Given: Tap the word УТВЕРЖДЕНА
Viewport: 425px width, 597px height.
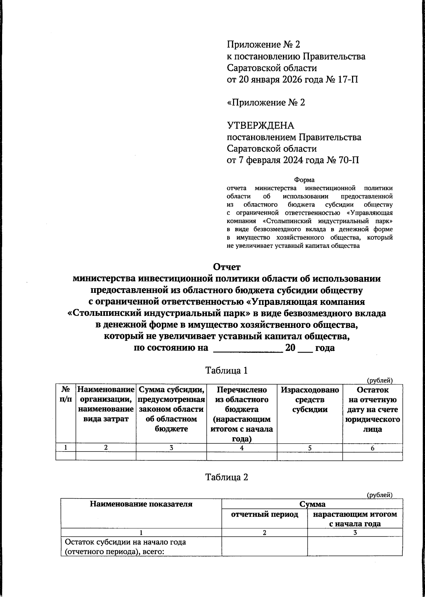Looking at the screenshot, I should (x=261, y=126).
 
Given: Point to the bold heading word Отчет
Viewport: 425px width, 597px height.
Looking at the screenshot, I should (x=227, y=266).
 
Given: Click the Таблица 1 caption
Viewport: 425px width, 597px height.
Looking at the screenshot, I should (x=227, y=371).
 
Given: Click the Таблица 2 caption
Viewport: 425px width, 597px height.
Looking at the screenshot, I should (x=227, y=477).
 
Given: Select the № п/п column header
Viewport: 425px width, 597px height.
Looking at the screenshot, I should (x=66, y=394).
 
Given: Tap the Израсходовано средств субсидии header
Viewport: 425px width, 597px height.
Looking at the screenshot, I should (x=310, y=400).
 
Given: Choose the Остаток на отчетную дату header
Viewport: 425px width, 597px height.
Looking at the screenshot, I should (x=373, y=409).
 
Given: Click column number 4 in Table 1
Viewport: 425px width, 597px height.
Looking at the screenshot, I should (x=242, y=448).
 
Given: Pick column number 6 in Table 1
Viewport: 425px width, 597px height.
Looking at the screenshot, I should (x=373, y=448).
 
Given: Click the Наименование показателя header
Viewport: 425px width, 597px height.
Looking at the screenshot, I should (x=141, y=504).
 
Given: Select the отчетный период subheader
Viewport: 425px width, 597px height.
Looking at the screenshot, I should (x=265, y=514).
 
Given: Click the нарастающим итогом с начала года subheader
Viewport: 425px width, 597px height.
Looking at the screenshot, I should (x=355, y=519).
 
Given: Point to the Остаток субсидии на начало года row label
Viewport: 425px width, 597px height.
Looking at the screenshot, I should (x=126, y=547).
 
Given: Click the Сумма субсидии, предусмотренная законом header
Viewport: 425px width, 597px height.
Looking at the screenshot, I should (x=171, y=409).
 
